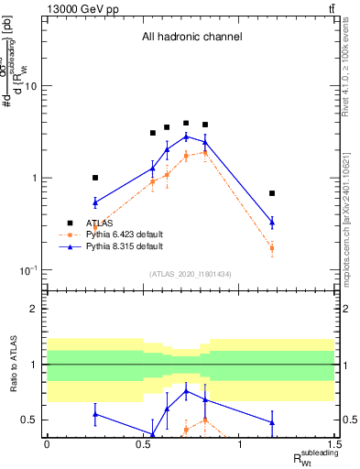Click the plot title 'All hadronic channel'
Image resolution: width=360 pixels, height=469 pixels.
point(191,38)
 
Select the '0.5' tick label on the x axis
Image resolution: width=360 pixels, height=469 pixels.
point(143,445)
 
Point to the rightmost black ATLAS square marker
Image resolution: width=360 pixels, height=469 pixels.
point(272,193)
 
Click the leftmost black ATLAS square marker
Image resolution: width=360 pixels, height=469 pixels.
point(94,178)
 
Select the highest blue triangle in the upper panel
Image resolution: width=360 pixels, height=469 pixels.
point(186,136)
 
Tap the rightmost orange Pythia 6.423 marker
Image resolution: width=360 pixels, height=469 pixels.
point(272,248)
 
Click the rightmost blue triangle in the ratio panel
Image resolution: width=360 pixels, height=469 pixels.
point(272,422)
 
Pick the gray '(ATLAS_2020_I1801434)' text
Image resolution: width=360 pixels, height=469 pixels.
point(191,274)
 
